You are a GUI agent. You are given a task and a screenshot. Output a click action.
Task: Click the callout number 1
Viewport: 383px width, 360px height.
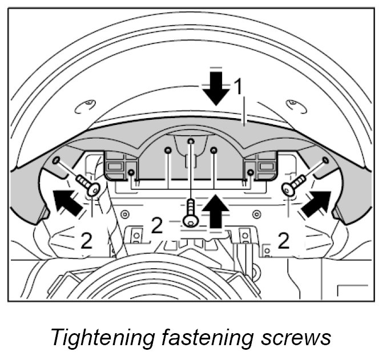point(238,87)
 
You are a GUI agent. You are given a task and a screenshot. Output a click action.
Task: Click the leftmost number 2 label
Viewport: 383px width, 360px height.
point(86,241)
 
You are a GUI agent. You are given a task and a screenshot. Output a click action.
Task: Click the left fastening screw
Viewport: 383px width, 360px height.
point(87,184)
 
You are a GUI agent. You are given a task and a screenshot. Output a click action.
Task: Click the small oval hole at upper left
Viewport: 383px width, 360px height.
point(87,104)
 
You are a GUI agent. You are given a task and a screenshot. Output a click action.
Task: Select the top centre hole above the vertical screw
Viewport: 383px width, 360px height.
point(191,140)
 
